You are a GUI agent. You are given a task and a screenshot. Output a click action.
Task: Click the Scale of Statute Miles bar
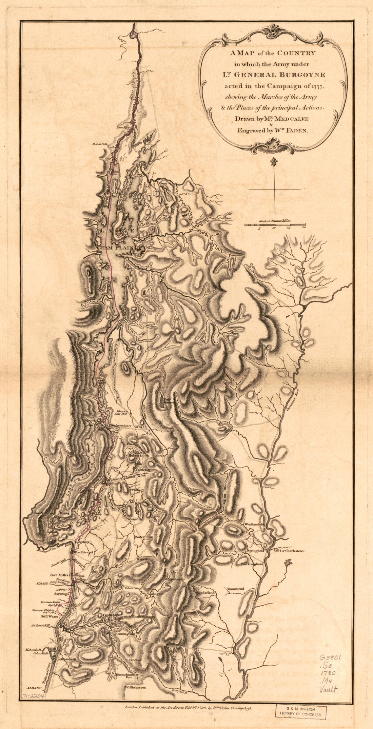tap(275, 224)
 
